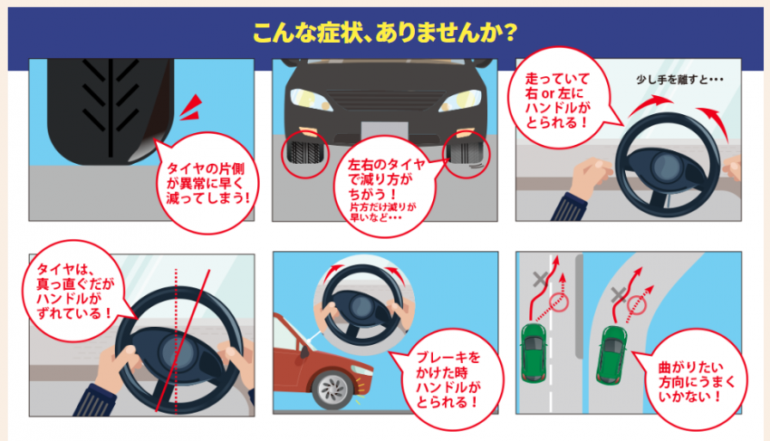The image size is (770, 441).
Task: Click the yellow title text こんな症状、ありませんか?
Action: (x=385, y=33)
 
